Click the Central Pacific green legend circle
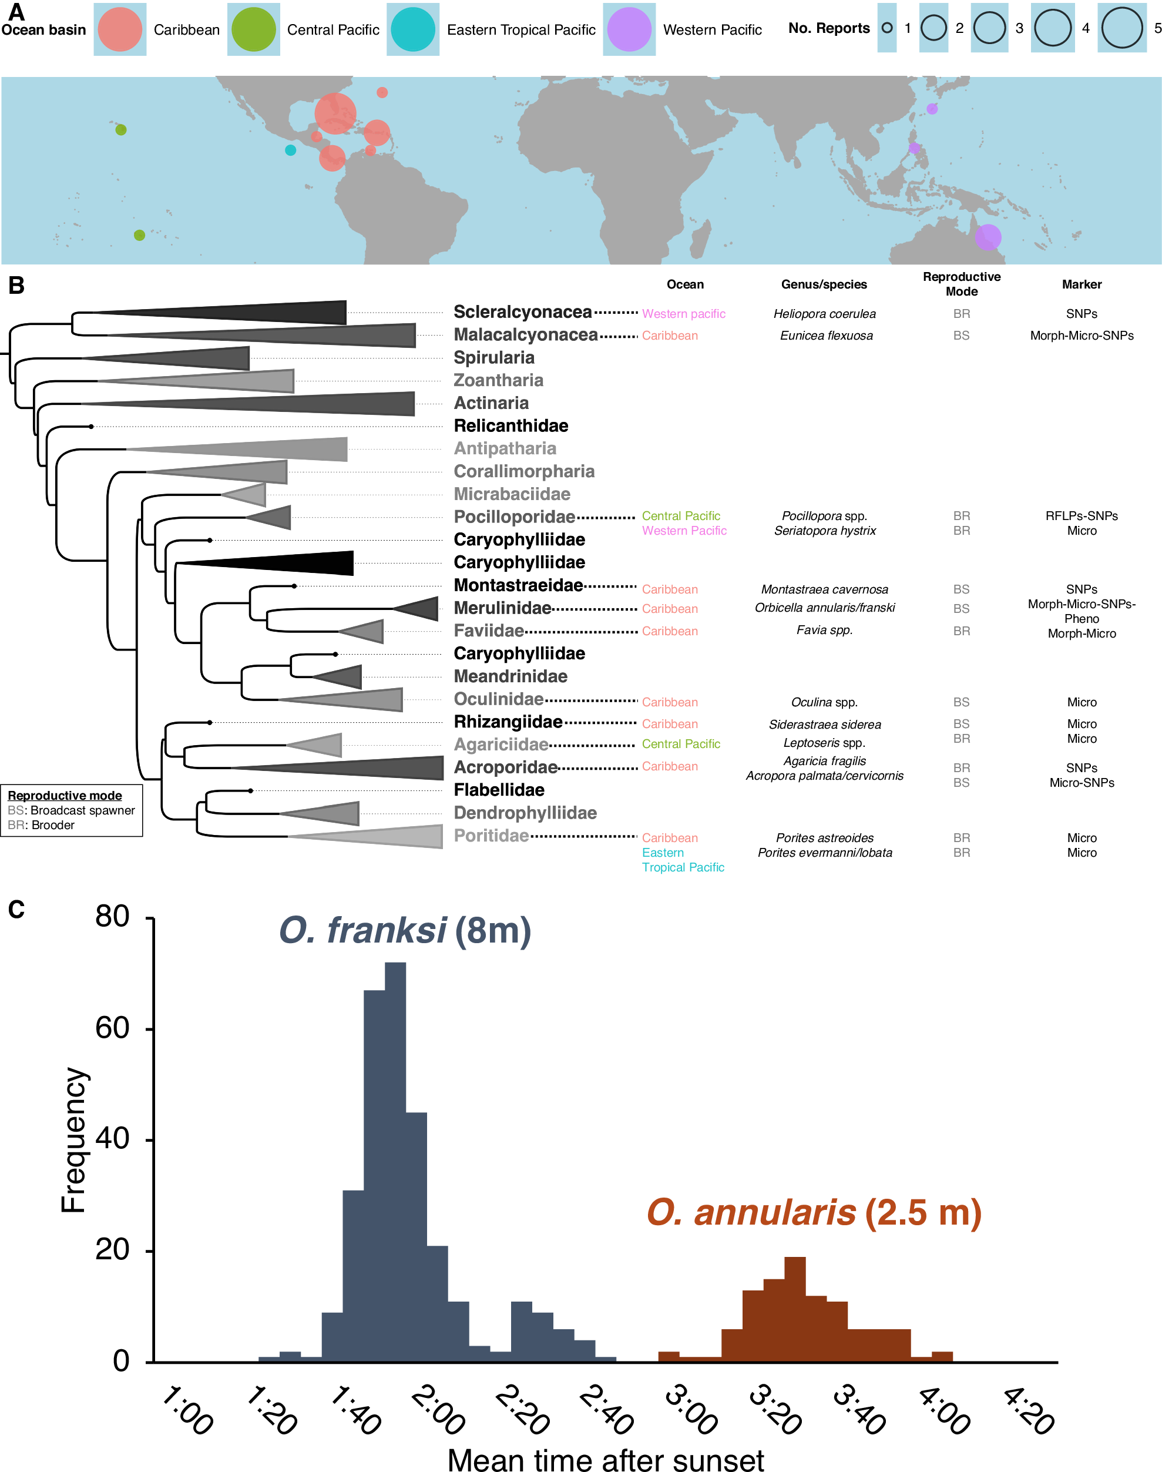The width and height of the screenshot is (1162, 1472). click(253, 29)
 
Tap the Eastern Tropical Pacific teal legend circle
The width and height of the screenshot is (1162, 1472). click(412, 29)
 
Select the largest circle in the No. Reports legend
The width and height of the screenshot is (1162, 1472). click(1122, 28)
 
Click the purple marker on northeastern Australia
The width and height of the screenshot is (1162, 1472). click(988, 237)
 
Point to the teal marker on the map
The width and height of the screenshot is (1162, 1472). click(290, 150)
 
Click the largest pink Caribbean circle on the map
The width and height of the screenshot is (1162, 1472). click(335, 113)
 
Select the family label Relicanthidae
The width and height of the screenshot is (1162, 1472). click(511, 426)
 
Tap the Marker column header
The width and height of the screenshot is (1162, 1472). click(1081, 284)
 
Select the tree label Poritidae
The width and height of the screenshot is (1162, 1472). click(491, 836)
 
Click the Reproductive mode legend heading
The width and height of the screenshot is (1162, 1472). click(65, 796)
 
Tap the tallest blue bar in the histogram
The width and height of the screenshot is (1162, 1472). click(395, 1157)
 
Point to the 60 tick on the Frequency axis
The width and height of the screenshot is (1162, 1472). click(112, 1028)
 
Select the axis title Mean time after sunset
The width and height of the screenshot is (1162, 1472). click(606, 1460)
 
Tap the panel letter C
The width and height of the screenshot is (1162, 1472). click(16, 909)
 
